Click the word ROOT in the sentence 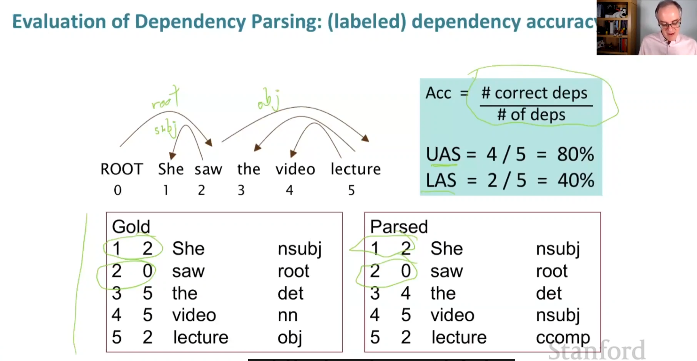(122, 169)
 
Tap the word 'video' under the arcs (295, 169)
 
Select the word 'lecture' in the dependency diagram (356, 169)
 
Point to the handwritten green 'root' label (165, 99)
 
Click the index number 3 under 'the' (241, 190)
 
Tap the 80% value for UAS (575, 154)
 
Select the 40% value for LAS (576, 180)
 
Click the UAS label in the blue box (443, 154)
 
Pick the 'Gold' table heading (131, 227)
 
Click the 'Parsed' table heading (399, 227)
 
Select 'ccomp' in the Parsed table (563, 338)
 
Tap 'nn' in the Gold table (288, 315)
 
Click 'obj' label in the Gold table (290, 338)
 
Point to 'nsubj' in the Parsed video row (558, 315)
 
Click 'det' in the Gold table (291, 293)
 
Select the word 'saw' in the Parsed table (446, 271)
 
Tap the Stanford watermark (596, 350)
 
